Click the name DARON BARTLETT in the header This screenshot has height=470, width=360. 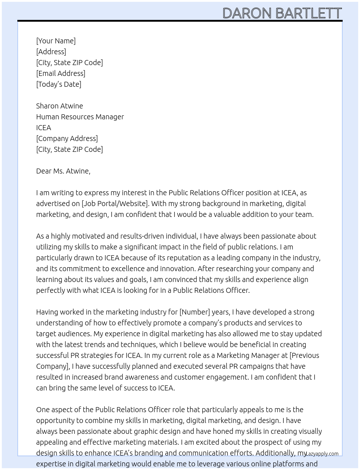point(282,13)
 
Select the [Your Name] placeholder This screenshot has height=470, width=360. point(56,41)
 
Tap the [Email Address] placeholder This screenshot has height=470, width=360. point(61,73)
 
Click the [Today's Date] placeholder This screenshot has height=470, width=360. point(59,84)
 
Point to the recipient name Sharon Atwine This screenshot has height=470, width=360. point(59,106)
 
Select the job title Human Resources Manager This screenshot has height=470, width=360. point(80,117)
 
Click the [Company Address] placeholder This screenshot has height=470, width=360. point(67,138)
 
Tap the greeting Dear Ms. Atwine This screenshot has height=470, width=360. point(63,171)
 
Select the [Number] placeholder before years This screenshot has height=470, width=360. point(194,312)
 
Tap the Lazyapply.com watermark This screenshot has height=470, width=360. point(322,454)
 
